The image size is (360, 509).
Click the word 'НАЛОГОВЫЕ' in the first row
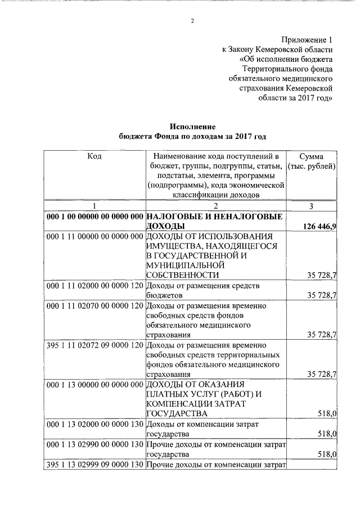point(175,216)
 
